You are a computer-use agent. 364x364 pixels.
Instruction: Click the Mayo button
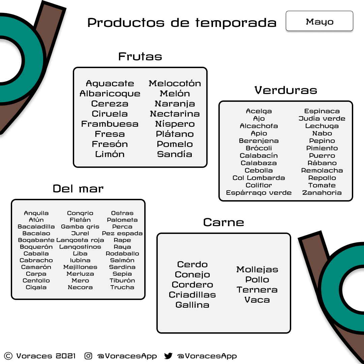click(x=319, y=21)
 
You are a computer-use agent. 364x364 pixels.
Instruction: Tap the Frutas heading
click(x=140, y=56)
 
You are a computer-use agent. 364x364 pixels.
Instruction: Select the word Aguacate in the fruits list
click(x=110, y=84)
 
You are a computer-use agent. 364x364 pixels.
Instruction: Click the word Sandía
click(x=175, y=154)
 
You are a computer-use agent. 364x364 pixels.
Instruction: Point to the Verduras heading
click(x=286, y=90)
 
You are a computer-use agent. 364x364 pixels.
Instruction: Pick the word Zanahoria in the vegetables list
click(x=322, y=193)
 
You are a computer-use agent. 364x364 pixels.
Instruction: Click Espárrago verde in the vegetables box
click(x=259, y=193)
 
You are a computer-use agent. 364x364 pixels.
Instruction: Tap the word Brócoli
click(x=259, y=148)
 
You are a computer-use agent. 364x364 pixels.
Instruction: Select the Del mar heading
click(x=78, y=188)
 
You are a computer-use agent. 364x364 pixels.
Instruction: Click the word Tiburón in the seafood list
click(x=122, y=280)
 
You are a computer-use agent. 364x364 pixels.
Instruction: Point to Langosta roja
click(x=80, y=240)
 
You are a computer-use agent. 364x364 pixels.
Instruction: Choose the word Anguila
click(x=36, y=213)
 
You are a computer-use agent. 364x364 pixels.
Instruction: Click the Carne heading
click(x=224, y=222)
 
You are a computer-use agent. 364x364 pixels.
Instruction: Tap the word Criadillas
click(x=192, y=295)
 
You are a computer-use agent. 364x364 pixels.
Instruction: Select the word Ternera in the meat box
click(x=257, y=290)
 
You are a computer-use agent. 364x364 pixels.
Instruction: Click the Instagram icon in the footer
click(x=88, y=356)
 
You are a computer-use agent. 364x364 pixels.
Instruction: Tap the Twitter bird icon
click(x=168, y=356)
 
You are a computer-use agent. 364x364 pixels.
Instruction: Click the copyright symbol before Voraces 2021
click(x=9, y=356)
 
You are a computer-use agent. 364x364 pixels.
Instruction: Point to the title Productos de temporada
click(x=182, y=23)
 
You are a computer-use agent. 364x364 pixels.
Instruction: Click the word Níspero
click(x=175, y=124)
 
